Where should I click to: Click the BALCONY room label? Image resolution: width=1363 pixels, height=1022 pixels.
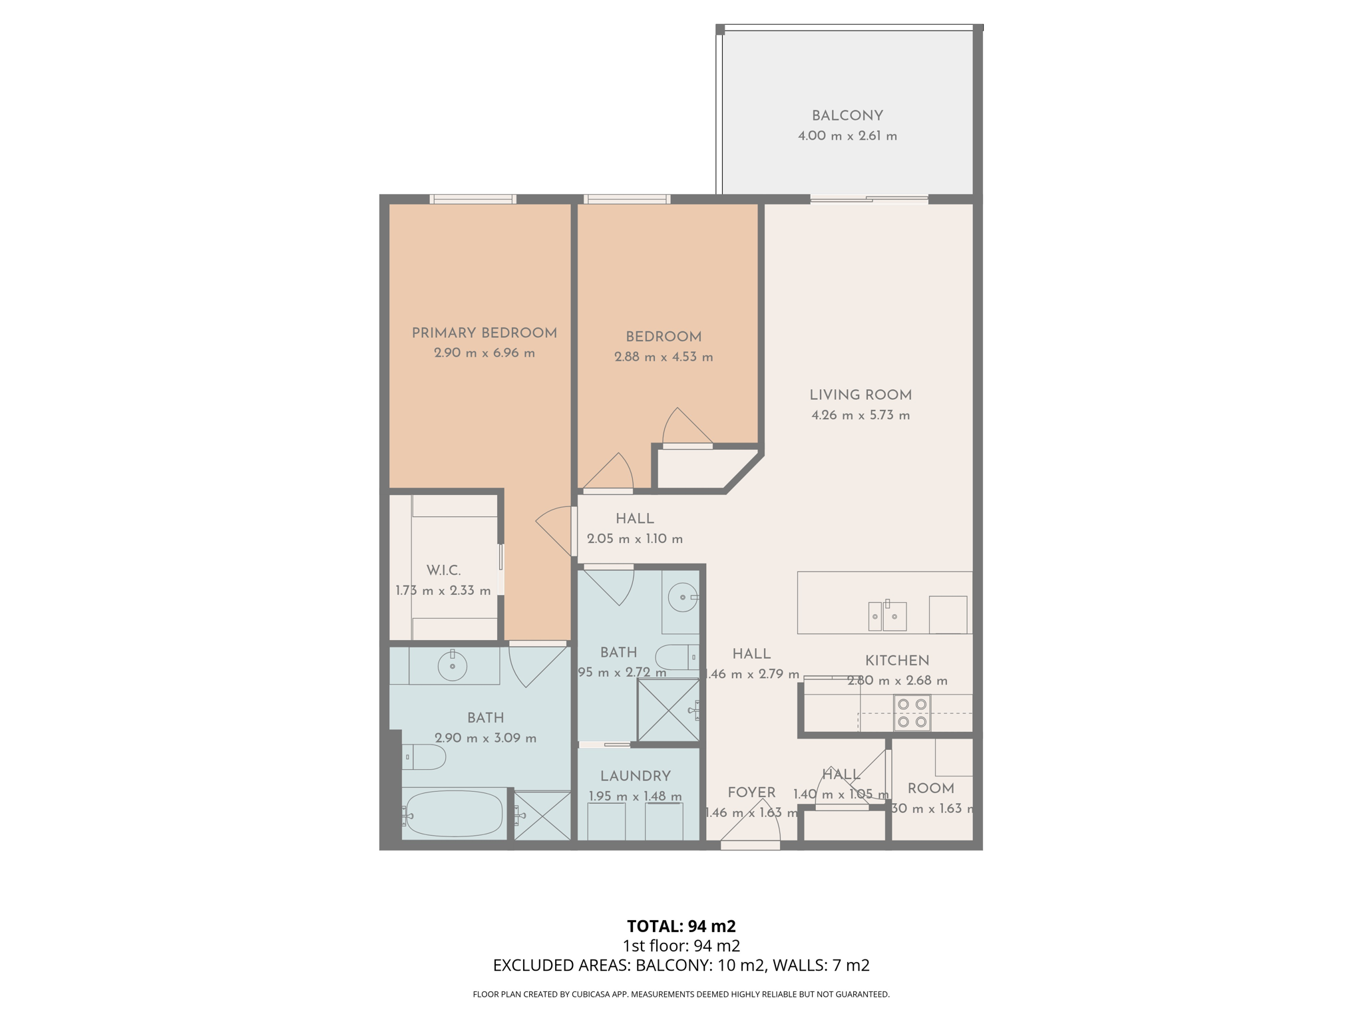pyautogui.click(x=847, y=116)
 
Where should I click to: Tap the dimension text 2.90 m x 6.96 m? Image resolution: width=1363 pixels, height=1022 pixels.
pyautogui.click(x=485, y=353)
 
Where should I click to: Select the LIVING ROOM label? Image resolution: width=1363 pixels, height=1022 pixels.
pyautogui.click(x=861, y=395)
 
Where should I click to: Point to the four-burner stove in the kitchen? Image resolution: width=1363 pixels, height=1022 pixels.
pyautogui.click(x=912, y=713)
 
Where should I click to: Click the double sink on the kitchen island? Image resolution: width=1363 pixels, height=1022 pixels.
pyautogui.click(x=887, y=615)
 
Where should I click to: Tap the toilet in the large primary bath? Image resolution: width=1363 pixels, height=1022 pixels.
pyautogui.click(x=425, y=757)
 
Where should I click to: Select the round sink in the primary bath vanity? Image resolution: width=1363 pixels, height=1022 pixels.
pyautogui.click(x=453, y=666)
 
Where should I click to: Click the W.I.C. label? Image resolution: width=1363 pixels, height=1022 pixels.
pyautogui.click(x=443, y=570)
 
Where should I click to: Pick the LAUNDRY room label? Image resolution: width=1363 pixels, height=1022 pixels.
pyautogui.click(x=635, y=776)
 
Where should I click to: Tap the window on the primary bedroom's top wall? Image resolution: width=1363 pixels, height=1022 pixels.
pyautogui.click(x=473, y=199)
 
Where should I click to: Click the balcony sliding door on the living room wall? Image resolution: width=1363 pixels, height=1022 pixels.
pyautogui.click(x=869, y=198)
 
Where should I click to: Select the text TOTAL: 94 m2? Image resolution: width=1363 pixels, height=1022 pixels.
pyautogui.click(x=681, y=926)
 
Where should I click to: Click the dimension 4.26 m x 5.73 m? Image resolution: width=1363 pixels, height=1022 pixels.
pyautogui.click(x=861, y=415)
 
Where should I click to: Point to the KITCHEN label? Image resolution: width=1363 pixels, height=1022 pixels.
pyautogui.click(x=896, y=661)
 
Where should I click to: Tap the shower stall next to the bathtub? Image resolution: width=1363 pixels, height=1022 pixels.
pyautogui.click(x=542, y=816)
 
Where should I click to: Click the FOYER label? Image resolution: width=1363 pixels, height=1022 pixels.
pyautogui.click(x=751, y=792)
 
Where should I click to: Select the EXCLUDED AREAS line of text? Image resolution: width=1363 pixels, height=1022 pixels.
pyautogui.click(x=681, y=965)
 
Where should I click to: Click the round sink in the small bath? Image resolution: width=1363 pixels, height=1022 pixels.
pyautogui.click(x=682, y=597)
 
